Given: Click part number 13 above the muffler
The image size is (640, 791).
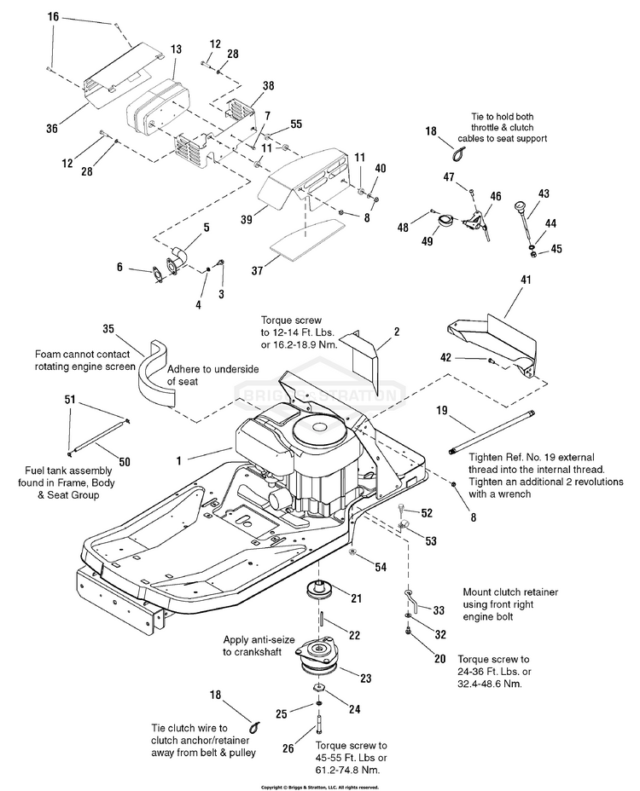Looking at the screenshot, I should click(x=176, y=50).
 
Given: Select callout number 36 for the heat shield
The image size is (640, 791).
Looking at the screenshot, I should click(x=52, y=129).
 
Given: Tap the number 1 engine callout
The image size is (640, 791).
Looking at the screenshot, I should click(x=179, y=459).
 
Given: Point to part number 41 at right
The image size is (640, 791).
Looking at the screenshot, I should click(x=526, y=280).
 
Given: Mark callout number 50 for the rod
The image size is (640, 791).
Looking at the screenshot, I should click(x=125, y=462).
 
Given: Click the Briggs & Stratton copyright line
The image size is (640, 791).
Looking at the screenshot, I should click(x=319, y=787).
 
